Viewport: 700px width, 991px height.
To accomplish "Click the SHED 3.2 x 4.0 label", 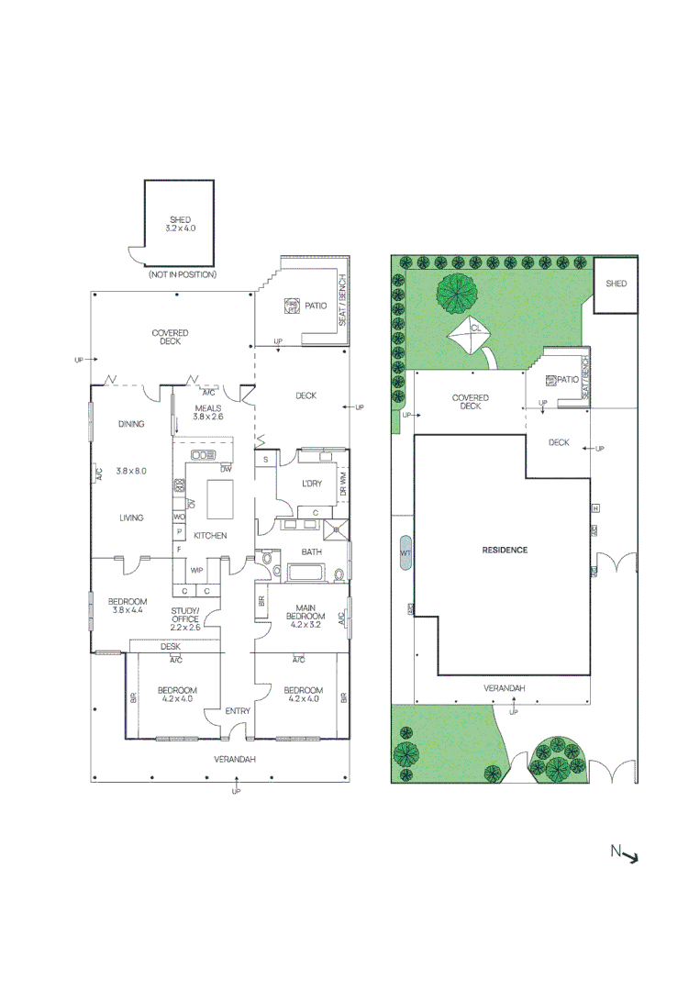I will (181, 223).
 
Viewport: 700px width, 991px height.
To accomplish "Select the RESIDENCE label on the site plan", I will (505, 551).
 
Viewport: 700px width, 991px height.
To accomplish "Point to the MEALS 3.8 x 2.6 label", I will (208, 412).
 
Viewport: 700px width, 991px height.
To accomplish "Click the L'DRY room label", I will (312, 484).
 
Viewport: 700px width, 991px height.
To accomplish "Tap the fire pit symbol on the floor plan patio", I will (292, 306).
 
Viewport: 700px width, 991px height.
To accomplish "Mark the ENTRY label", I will (238, 711).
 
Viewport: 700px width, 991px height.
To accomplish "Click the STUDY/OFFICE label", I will (184, 619).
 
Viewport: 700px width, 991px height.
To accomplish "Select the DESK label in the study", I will (171, 647).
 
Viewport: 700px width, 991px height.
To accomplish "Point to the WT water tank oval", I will (406, 554).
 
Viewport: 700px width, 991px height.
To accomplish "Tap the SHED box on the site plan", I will (616, 284).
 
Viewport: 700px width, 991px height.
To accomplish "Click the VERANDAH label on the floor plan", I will (235, 759).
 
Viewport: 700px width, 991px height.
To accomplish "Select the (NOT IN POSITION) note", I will (183, 274).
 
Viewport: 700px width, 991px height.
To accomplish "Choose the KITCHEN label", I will (210, 536).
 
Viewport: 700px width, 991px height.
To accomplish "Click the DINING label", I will (131, 424).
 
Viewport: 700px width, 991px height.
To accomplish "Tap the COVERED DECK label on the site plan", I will (470, 402).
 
